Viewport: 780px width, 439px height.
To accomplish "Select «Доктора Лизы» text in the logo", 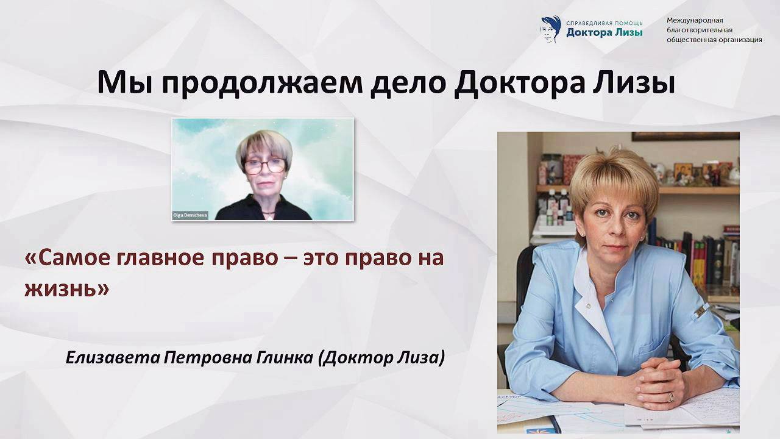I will tap(604, 33).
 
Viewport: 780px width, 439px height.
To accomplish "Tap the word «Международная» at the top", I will tap(695, 20).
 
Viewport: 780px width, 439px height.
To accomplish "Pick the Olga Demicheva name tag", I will tap(190, 215).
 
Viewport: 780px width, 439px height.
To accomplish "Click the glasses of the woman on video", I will tap(264, 165).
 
